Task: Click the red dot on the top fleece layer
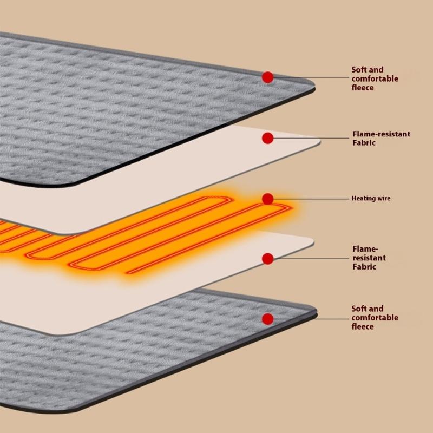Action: pos(267,77)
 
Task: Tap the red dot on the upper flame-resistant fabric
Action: pos(267,139)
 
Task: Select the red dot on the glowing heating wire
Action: pos(267,199)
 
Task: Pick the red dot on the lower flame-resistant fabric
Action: pos(267,259)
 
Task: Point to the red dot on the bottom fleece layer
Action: pos(267,318)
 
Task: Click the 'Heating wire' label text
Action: pos(371,199)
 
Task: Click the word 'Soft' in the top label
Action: pos(360,70)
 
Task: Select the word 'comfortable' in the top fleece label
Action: pos(375,78)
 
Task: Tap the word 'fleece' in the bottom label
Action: pos(363,326)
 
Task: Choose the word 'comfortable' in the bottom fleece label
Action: pos(375,318)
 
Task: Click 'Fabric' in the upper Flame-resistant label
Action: pos(364,143)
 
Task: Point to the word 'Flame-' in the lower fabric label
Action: pos(363,249)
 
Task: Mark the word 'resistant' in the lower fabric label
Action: pos(369,258)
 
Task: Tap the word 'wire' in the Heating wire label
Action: pos(383,199)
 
